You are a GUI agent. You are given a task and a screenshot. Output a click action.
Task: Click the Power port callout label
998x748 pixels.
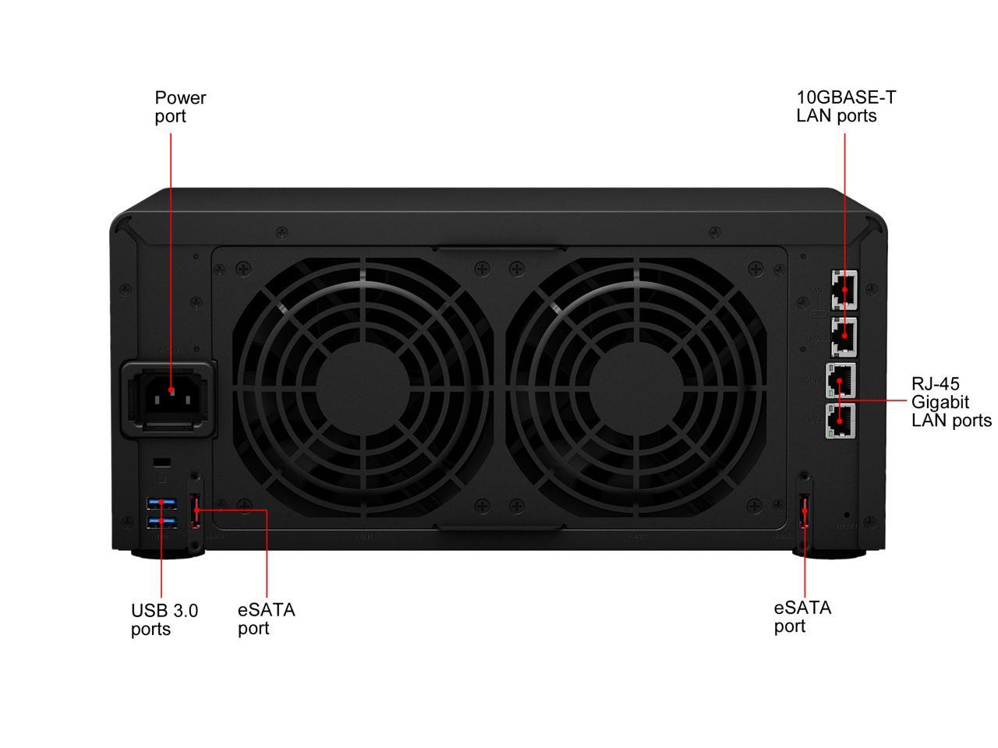(180, 107)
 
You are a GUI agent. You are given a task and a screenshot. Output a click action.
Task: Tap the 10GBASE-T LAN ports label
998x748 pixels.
(846, 107)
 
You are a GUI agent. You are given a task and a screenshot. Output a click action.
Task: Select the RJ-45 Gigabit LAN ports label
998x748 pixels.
(950, 402)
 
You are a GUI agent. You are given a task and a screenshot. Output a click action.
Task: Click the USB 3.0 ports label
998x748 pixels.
(164, 619)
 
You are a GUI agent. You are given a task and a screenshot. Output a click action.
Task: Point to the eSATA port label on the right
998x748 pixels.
(802, 616)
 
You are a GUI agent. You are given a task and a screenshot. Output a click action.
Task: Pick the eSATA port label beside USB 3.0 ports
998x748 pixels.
(266, 619)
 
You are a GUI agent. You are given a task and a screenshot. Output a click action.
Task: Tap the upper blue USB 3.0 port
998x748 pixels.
(161, 503)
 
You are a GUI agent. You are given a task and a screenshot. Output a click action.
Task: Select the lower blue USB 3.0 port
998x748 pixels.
(161, 520)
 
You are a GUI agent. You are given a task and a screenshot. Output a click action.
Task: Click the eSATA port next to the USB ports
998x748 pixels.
(196, 511)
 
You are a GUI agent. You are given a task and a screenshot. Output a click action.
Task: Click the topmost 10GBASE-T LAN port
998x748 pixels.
(842, 290)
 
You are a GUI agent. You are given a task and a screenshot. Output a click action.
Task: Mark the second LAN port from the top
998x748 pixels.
(842, 336)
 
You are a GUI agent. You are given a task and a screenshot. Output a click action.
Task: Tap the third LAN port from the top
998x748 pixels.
(841, 381)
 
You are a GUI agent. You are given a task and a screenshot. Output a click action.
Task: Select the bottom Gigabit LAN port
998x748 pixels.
(841, 421)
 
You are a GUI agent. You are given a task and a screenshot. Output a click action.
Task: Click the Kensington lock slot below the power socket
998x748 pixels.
(161, 460)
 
